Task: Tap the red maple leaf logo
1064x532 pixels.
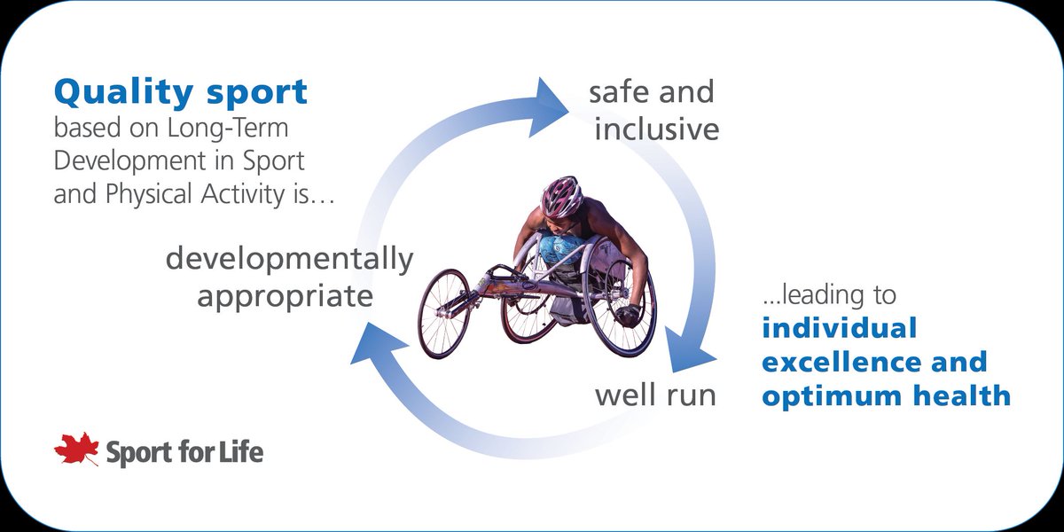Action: [76, 450]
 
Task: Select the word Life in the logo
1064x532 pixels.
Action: [239, 453]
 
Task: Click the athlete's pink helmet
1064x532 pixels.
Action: [560, 196]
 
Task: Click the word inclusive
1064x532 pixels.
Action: [656, 129]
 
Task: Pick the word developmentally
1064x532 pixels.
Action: [289, 259]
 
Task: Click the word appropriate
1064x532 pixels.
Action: [285, 295]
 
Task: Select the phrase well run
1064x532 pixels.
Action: [654, 395]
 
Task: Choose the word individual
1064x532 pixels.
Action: [839, 328]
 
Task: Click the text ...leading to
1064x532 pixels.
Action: [828, 293]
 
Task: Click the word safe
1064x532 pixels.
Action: [619, 91]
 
